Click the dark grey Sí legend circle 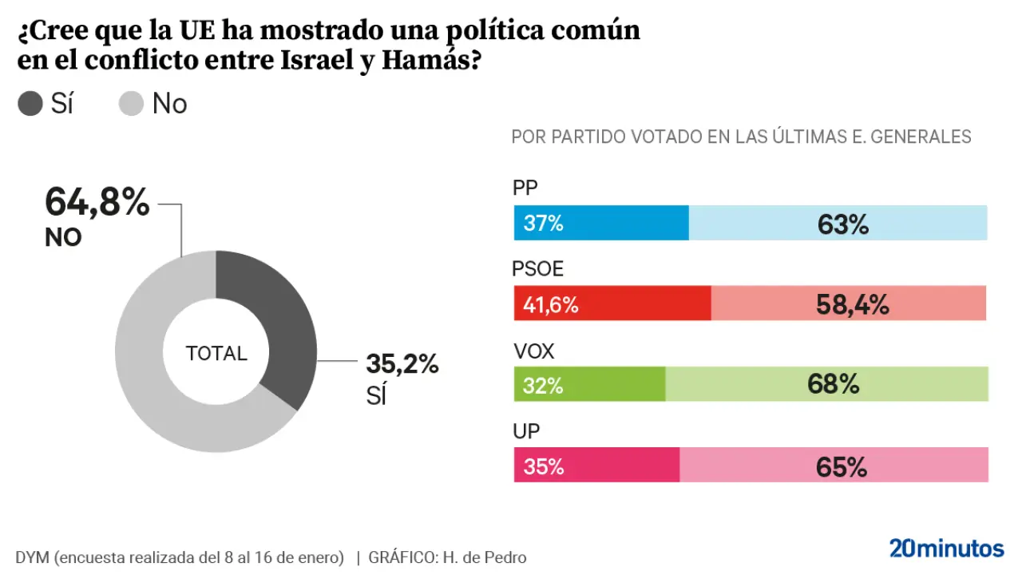(30, 104)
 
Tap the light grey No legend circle (131, 104)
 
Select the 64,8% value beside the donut (97, 202)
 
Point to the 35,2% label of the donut (402, 364)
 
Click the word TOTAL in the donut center (216, 353)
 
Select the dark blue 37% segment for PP (601, 223)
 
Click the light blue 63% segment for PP (838, 223)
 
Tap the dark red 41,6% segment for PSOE (612, 303)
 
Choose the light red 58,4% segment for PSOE (849, 303)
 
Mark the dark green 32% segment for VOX (589, 384)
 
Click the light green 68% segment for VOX (826, 384)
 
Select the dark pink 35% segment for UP (596, 465)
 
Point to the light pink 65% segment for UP (834, 465)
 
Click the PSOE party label (537, 270)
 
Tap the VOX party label (533, 351)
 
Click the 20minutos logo (946, 549)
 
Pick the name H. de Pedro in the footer (483, 557)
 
